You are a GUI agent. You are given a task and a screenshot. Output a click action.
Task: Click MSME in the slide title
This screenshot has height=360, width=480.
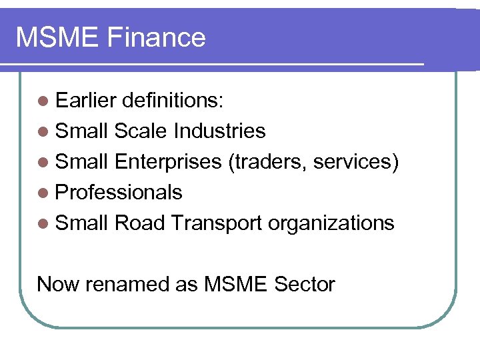55,37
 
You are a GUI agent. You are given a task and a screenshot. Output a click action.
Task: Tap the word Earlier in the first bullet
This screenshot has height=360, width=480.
86,101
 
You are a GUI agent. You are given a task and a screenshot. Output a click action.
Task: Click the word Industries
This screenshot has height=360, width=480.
219,131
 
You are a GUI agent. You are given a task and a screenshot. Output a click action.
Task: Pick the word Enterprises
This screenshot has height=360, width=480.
168,162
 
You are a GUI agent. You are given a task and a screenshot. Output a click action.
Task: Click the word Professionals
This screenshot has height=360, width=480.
119,193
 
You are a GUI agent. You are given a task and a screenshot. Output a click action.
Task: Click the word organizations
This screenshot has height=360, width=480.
331,224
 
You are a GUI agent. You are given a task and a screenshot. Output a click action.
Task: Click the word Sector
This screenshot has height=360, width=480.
304,285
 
